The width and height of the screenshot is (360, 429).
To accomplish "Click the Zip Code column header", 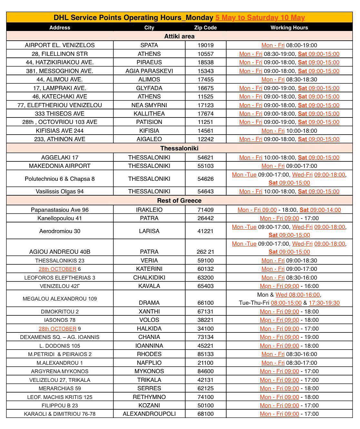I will point(205,27).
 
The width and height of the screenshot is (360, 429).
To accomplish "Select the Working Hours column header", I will point(289,27).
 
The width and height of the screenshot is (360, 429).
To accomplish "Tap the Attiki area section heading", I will point(179,36).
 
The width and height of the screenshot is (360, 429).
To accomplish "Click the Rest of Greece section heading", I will point(179,200).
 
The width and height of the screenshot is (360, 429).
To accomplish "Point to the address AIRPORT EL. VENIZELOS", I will point(60,45).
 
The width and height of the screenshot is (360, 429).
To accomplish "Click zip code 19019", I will point(205,45).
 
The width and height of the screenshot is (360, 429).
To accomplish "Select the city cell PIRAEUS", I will point(149,62).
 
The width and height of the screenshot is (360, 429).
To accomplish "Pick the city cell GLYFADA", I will point(149,88).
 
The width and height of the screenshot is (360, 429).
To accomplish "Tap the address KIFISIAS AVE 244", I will point(60,131).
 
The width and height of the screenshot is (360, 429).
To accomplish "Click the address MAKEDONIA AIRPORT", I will point(60,166).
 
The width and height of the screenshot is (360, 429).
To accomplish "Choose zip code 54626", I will point(205,179).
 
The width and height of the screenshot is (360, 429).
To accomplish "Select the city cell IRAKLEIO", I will point(149,210).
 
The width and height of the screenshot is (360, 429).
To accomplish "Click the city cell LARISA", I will point(149,231).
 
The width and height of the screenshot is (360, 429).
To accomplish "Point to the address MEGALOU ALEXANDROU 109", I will point(60,299).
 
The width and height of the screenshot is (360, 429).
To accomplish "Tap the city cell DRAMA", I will point(149,303).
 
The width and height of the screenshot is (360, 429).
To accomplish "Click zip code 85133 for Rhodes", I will point(205,354).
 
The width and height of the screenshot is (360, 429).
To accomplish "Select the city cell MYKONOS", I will point(149,371).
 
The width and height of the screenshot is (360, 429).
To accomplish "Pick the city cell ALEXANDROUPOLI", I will point(149,414).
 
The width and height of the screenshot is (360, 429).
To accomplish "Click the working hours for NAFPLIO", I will point(289,363).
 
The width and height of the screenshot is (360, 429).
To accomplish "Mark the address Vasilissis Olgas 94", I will point(60,191).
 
